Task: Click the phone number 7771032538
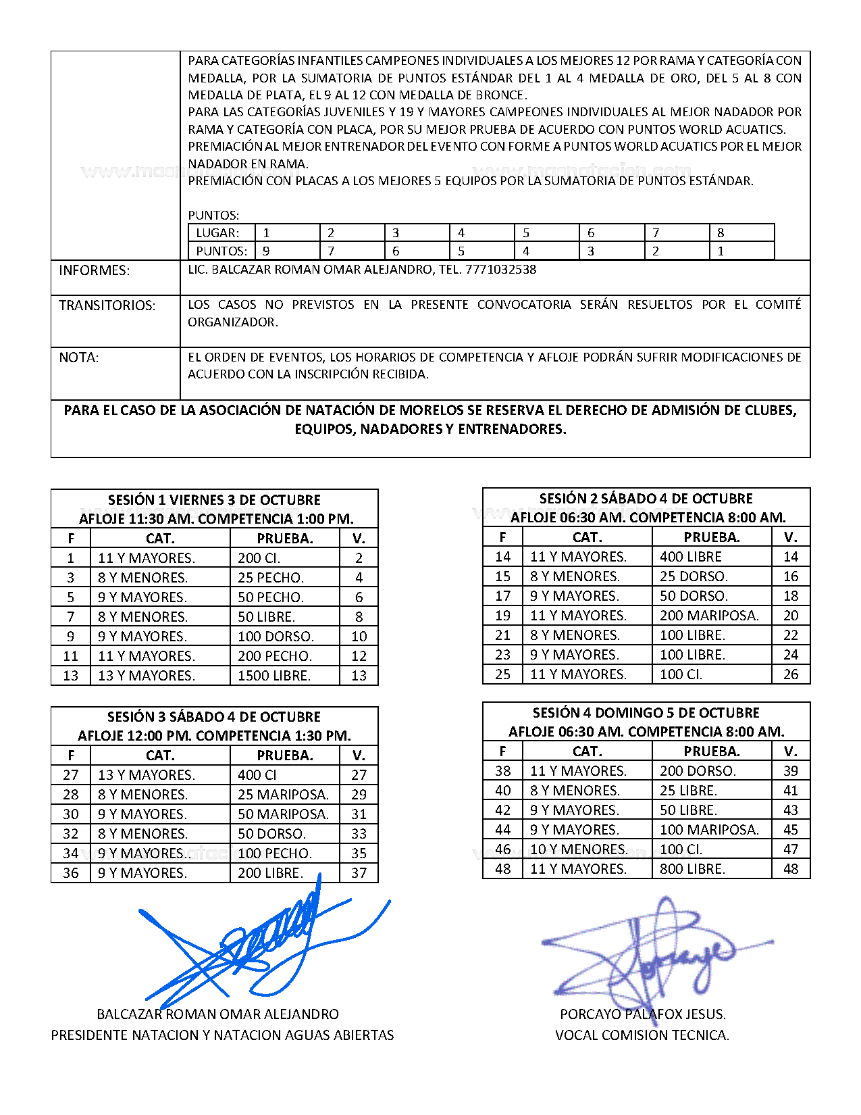point(500,270)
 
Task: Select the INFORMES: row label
point(94,270)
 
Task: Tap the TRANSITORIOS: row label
point(107,305)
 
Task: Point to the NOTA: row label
point(78,357)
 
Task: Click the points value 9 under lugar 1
point(267,251)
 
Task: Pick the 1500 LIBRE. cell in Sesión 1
point(274,676)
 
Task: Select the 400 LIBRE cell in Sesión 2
point(691,557)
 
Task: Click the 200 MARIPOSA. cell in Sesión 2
point(709,616)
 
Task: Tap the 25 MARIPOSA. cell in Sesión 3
point(283,795)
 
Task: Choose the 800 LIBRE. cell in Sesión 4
point(692,869)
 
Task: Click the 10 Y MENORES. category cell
point(579,849)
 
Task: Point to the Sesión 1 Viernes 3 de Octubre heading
point(214,500)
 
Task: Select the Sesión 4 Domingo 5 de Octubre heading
point(646,713)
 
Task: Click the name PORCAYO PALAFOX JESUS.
point(642,1014)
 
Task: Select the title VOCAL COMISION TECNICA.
point(642,1035)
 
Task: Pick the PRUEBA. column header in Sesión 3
point(285,755)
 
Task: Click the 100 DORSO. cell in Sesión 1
point(276,637)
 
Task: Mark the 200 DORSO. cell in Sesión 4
point(698,771)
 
